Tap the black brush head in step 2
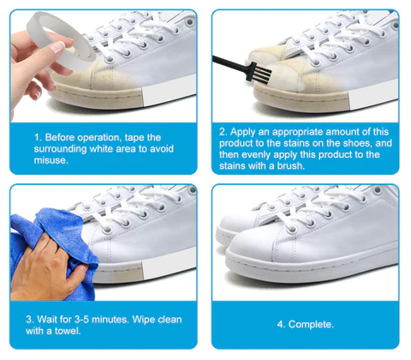tap(260, 71)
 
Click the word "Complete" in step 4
tap(310, 325)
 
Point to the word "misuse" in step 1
tap(51, 160)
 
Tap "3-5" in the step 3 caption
tap(82, 319)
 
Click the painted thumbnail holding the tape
tap(57, 47)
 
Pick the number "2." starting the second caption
tap(223, 132)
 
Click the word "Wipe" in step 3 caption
tap(144, 320)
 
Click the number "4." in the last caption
tap(281, 325)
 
